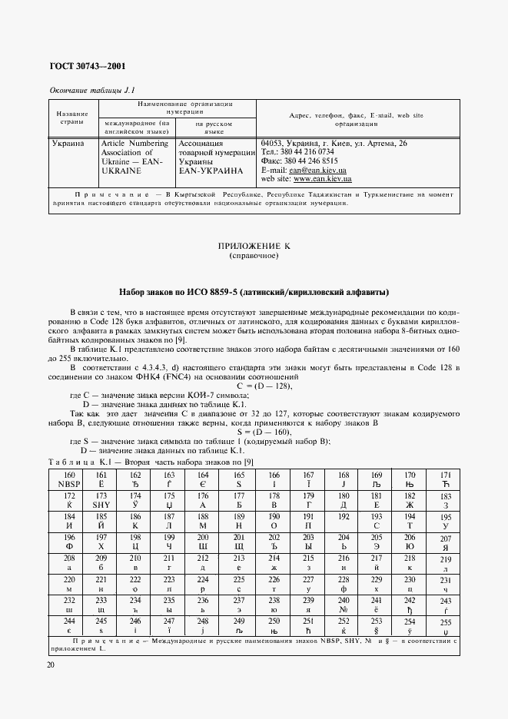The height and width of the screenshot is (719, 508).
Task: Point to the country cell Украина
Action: (68, 144)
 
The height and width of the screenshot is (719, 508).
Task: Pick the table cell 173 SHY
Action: (101, 501)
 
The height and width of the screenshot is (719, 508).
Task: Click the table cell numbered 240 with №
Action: (343, 605)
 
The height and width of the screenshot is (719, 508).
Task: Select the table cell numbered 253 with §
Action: (376, 625)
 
